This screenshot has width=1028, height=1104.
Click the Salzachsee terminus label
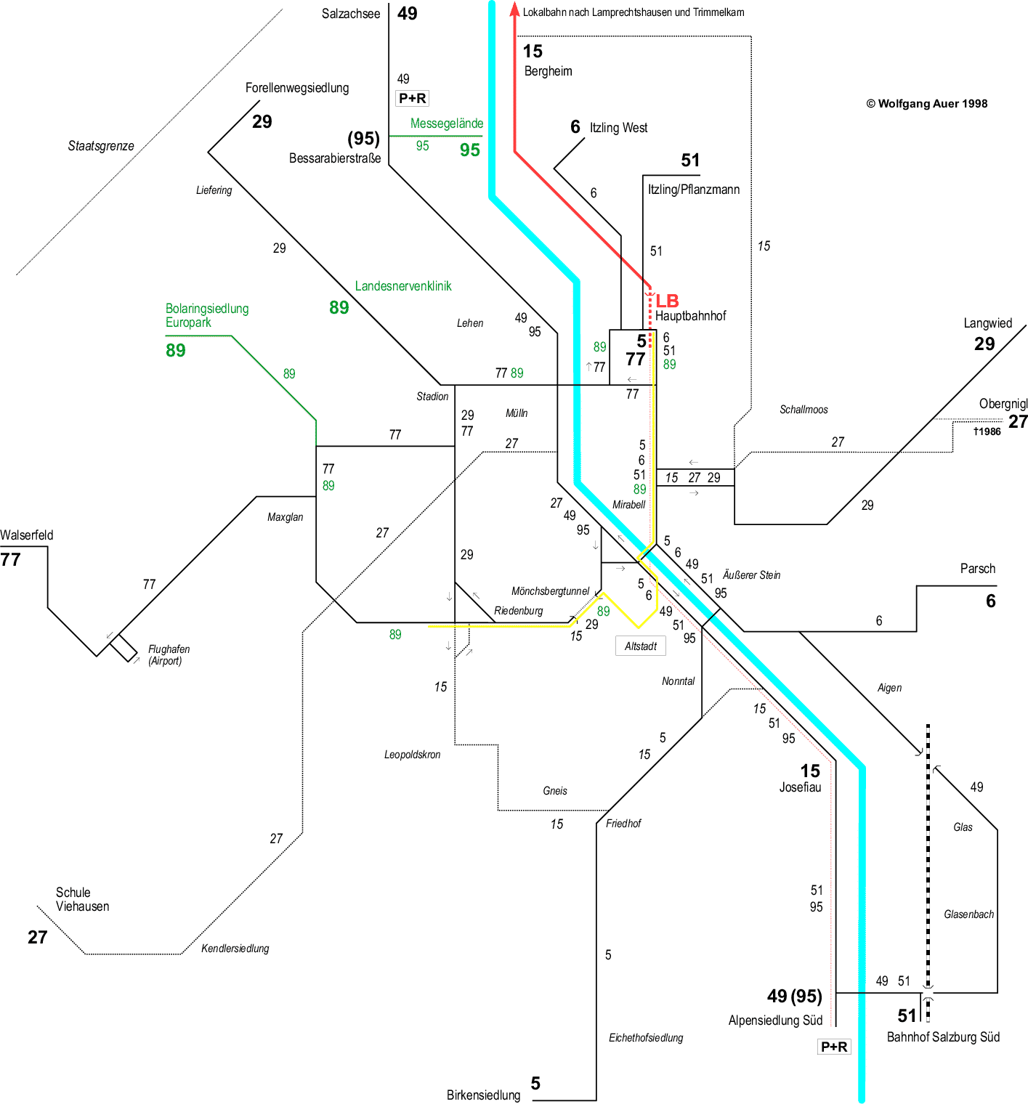point(351,14)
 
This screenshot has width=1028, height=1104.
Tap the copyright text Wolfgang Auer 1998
point(926,103)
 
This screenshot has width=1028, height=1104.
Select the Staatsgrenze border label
point(101,146)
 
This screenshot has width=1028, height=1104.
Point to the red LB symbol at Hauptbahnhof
point(667,301)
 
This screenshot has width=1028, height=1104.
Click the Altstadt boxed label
point(641,646)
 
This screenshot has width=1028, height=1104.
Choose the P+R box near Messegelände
point(413,98)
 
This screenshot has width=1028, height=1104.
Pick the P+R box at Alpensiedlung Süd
point(834,1047)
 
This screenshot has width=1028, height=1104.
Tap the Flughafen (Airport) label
point(169,654)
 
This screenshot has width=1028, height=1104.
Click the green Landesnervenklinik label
point(403,286)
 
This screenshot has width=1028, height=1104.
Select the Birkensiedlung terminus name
point(483,1095)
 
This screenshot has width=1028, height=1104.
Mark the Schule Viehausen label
point(82,899)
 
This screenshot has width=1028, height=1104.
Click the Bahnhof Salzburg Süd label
point(943,1037)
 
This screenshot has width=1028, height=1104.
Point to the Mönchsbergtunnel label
point(550,591)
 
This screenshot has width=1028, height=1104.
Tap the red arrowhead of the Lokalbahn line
point(514,9)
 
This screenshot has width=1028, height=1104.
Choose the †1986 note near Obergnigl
point(987,431)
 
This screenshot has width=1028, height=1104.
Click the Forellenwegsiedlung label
point(297,88)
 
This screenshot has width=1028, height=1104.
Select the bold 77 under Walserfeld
point(11,559)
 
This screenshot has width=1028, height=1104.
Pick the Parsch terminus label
point(978,569)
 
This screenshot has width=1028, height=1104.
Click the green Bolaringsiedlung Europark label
point(207,315)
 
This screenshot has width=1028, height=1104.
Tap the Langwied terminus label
point(987,323)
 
